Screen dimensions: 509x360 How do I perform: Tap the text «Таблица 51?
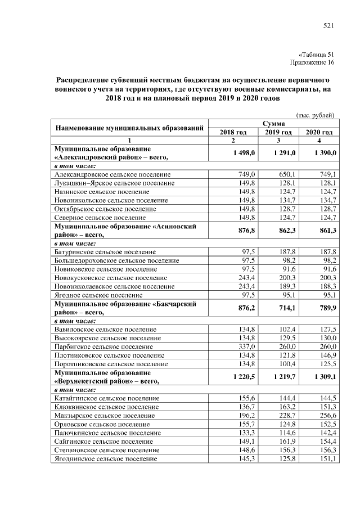(x=316, y=53)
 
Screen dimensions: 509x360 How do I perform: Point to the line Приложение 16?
(x=312, y=62)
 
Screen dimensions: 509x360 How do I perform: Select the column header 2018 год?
(x=233, y=132)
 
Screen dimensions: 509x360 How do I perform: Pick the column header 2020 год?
(x=319, y=132)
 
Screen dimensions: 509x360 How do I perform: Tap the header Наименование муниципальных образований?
(x=129, y=128)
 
